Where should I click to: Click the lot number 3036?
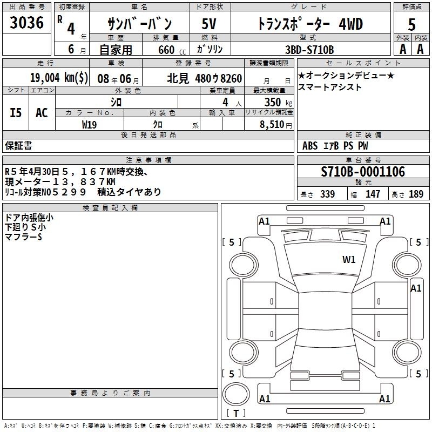coord(26,23)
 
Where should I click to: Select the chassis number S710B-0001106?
coord(363,172)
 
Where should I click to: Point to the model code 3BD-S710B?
coord(309,50)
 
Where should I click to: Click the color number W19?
coord(89,125)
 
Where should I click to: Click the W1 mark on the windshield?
coord(349,260)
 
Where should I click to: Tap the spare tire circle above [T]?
coord(236,394)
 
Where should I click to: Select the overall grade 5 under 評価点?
coord(411,25)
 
